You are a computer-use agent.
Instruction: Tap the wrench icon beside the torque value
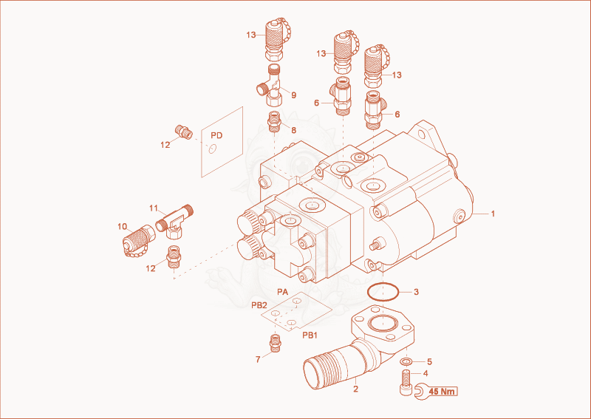[x=420, y=392]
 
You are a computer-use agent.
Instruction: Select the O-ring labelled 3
[x=383, y=293]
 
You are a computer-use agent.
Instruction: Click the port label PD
[x=216, y=135]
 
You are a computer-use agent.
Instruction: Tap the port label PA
[x=283, y=292]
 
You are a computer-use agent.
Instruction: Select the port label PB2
[x=259, y=305]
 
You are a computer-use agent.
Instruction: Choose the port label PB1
[x=310, y=335]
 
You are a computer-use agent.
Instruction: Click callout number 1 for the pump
[x=493, y=214]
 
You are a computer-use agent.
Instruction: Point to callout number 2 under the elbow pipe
[x=356, y=389]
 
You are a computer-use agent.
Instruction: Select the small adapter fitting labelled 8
[x=274, y=121]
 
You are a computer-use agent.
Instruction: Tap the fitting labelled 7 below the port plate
[x=276, y=343]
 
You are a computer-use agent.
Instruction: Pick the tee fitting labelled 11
[x=174, y=222]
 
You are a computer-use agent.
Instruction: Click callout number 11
[x=154, y=208]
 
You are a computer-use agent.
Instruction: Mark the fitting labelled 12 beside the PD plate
[x=184, y=132]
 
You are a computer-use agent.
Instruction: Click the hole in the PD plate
[x=213, y=149]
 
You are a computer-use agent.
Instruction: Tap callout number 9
[x=293, y=95]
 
